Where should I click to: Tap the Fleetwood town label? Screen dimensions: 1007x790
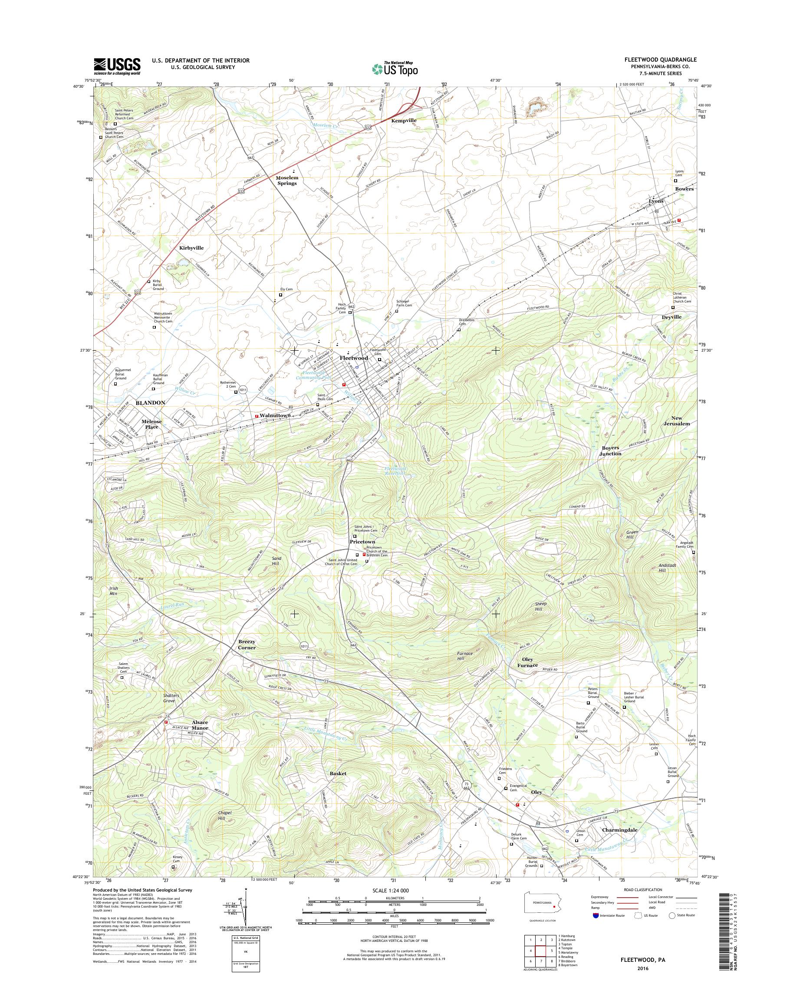tap(354, 358)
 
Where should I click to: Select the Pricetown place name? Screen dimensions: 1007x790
tap(362, 541)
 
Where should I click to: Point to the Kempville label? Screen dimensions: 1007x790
tap(404, 120)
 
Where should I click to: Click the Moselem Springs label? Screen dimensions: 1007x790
tap(287, 181)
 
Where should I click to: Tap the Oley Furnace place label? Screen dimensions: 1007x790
tap(527, 662)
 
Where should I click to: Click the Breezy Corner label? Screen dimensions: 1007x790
tap(247, 645)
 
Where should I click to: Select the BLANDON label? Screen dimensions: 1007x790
tap(150, 403)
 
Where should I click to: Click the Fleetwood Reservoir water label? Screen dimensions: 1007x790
tap(395, 471)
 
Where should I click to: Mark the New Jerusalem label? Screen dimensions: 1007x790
tap(677, 421)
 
